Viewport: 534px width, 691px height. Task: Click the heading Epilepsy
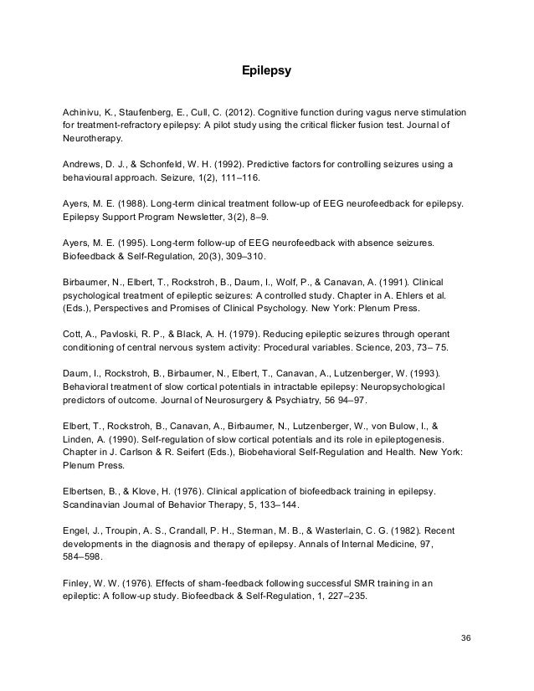pos(266,71)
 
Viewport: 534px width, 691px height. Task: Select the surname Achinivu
pos(85,112)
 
